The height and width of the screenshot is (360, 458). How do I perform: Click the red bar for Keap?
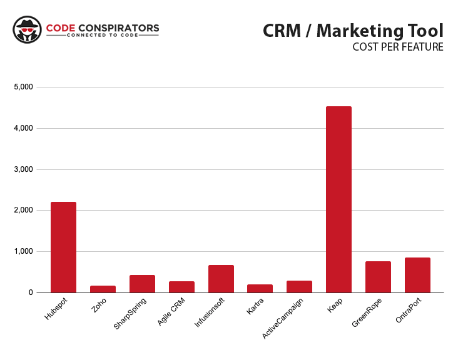(x=338, y=199)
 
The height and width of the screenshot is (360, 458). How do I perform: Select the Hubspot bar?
(x=63, y=247)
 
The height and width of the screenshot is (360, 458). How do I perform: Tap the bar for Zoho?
(x=103, y=289)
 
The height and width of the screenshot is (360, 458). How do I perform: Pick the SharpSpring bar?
(x=142, y=284)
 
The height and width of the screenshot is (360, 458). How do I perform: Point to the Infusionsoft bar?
(x=221, y=279)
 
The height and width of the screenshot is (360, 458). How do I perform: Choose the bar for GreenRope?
(x=378, y=277)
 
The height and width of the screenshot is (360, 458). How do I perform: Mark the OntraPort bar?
(x=417, y=275)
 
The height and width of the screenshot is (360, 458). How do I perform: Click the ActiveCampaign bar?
(x=299, y=286)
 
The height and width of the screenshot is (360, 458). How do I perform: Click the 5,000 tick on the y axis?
(x=23, y=87)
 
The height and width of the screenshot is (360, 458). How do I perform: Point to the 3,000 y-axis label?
(x=23, y=169)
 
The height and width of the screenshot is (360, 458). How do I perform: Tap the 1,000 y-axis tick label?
(x=23, y=251)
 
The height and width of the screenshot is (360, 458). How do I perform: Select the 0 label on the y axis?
(x=30, y=292)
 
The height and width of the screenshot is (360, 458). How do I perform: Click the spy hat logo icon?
(x=26, y=30)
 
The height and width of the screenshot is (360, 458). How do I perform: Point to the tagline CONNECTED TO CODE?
(x=103, y=36)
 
